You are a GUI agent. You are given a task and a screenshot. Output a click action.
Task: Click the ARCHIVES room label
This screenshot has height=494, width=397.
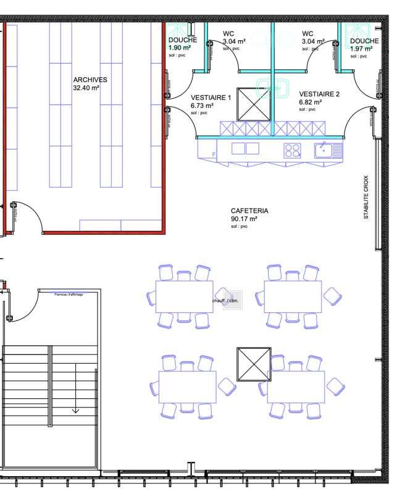click(90, 80)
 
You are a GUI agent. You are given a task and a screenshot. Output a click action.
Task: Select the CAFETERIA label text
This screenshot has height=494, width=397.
click(249, 211)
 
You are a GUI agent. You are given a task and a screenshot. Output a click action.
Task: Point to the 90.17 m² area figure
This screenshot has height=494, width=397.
click(244, 219)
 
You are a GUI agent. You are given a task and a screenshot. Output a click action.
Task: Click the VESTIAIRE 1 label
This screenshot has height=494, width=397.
click(211, 98)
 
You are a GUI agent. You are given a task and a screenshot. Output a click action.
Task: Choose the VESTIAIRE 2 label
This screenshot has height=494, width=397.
click(319, 94)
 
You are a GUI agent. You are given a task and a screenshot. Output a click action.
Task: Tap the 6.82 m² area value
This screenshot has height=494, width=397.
click(310, 103)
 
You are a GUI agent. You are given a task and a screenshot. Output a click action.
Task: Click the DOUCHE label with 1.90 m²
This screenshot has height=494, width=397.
click(182, 40)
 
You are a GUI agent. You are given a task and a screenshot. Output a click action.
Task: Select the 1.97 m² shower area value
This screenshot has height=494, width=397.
click(361, 48)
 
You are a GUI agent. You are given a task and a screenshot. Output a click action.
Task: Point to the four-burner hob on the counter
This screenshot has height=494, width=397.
click(292, 149)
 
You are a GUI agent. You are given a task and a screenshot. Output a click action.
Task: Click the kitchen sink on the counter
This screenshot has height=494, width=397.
click(327, 149)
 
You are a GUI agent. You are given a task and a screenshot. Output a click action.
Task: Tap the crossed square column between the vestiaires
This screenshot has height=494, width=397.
click(254, 104)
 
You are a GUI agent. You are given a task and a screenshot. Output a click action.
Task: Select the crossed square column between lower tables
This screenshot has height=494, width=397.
click(254, 364)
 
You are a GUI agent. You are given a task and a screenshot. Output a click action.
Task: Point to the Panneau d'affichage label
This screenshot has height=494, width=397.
click(68, 295)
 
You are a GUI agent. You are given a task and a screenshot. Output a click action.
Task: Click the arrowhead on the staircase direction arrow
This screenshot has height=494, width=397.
click(75, 409)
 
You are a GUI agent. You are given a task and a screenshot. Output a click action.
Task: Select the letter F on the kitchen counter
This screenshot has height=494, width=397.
click(214, 154)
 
